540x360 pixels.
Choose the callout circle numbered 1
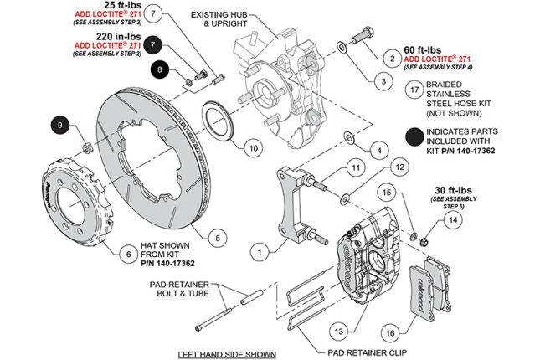260,249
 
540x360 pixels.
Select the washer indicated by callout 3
342,46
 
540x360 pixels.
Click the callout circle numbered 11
355,168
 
